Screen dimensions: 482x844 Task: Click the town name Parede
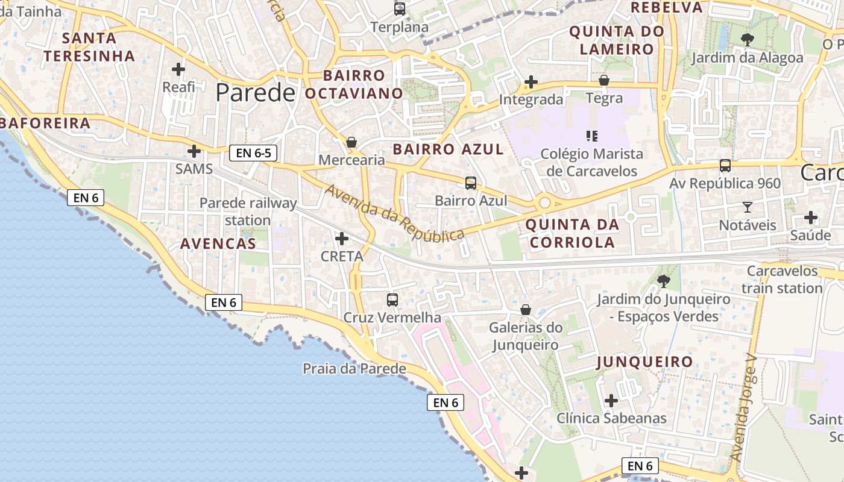tap(256, 93)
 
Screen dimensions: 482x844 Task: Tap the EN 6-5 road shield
tap(253, 153)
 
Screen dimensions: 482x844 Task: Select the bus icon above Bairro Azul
tap(471, 183)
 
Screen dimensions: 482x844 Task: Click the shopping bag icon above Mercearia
tap(351, 143)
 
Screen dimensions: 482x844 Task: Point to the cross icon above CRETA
tap(342, 239)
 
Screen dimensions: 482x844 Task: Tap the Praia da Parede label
tap(354, 369)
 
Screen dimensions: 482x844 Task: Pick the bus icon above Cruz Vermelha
tap(392, 299)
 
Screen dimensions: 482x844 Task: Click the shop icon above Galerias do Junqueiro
tap(526, 310)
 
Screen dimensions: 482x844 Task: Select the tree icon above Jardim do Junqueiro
tap(664, 281)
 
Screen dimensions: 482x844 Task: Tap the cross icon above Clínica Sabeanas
tap(611, 401)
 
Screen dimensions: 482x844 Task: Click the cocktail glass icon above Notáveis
tap(748, 207)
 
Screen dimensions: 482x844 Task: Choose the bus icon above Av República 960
tap(725, 166)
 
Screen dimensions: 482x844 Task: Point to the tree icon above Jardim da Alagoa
tap(747, 40)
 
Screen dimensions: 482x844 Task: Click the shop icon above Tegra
tap(604, 80)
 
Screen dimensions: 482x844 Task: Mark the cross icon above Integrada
tap(531, 81)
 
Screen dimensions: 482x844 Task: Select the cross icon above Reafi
tap(178, 69)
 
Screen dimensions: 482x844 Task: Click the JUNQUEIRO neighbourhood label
tap(644, 362)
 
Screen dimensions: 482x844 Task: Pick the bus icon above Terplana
tap(400, 9)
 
